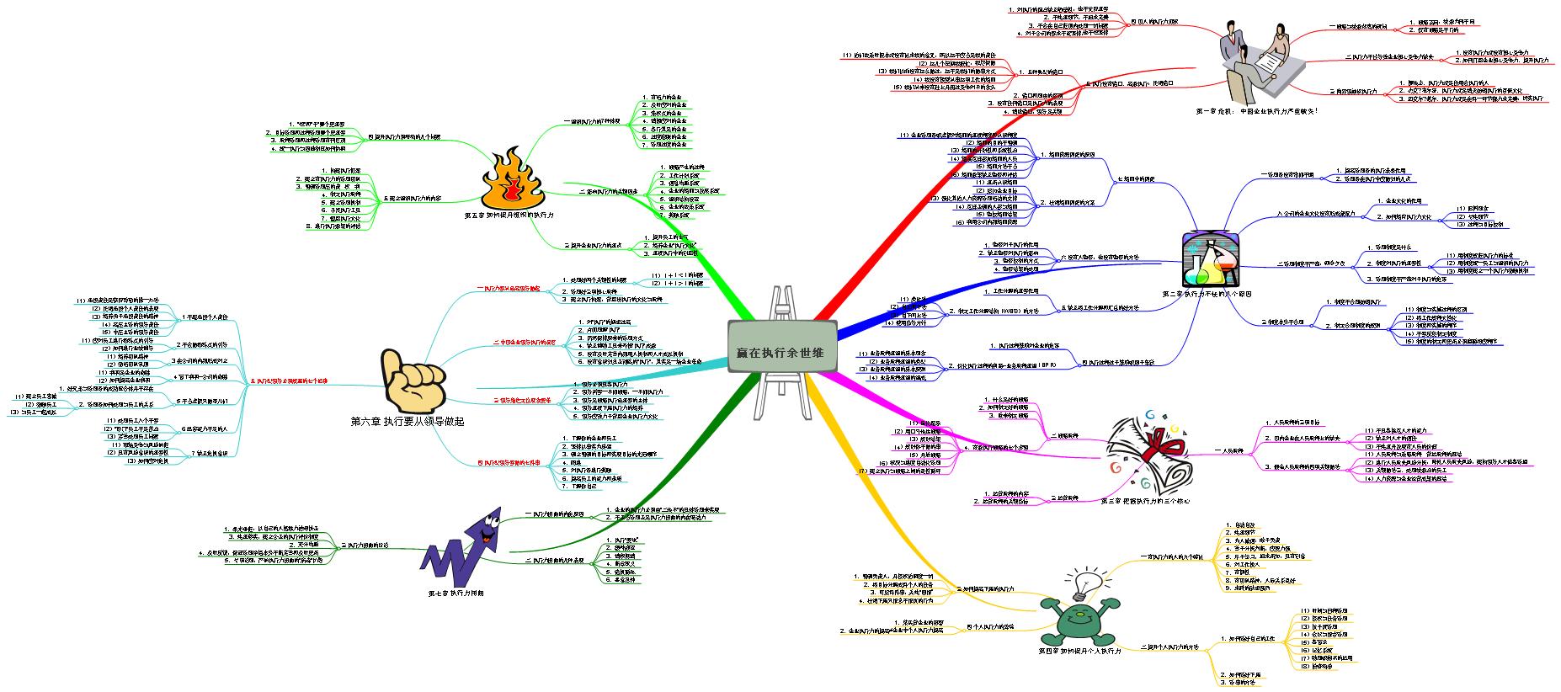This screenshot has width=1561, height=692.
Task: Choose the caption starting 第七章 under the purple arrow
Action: click(456, 593)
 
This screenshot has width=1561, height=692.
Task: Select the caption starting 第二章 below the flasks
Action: click(1212, 295)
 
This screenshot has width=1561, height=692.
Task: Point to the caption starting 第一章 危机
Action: click(1256, 110)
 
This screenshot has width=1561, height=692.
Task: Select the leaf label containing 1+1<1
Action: click(683, 274)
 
